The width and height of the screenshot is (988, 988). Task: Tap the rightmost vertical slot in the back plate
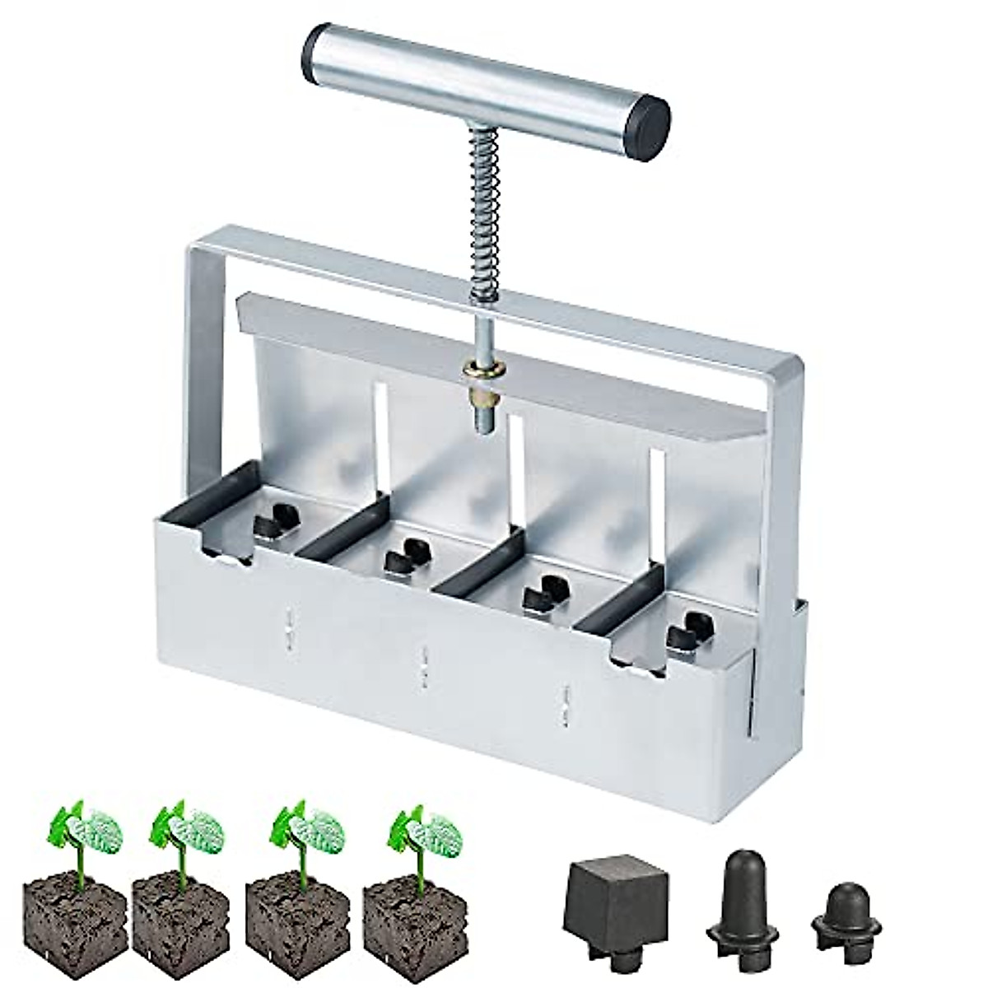click(x=656, y=502)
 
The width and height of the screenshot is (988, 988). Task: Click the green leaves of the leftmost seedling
click(x=78, y=827)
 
